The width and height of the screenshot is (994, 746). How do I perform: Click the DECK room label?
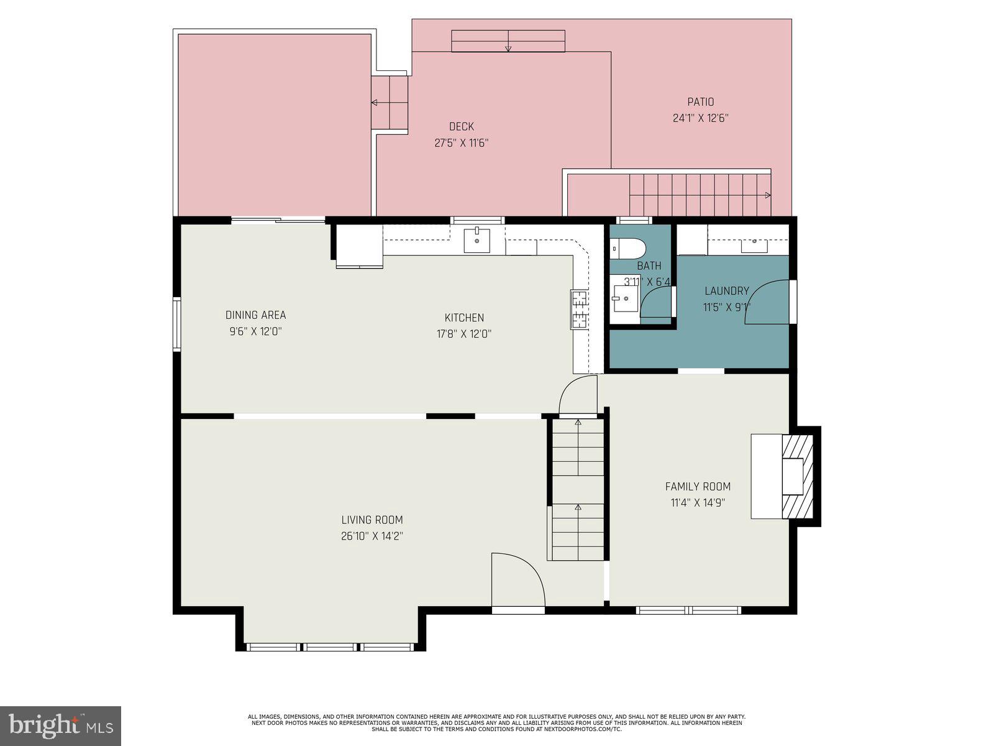[x=461, y=127]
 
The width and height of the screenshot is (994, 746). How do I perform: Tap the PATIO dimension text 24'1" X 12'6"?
[x=700, y=118]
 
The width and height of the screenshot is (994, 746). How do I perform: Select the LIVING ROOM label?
[x=372, y=520]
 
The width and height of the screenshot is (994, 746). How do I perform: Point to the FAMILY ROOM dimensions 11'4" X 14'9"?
[x=698, y=503]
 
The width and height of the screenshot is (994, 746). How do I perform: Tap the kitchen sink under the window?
[x=476, y=241]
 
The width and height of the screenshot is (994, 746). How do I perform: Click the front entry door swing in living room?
[x=517, y=579]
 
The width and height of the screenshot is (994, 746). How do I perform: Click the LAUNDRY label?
[x=726, y=291]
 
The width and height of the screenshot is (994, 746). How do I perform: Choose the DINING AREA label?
[x=255, y=315]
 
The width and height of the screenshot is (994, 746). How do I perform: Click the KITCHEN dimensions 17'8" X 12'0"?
[x=463, y=334]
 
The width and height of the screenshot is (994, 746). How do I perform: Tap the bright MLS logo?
[x=60, y=725]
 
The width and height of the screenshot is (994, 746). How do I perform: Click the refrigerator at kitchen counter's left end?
[x=359, y=246]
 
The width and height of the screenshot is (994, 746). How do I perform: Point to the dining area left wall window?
[x=177, y=325]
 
